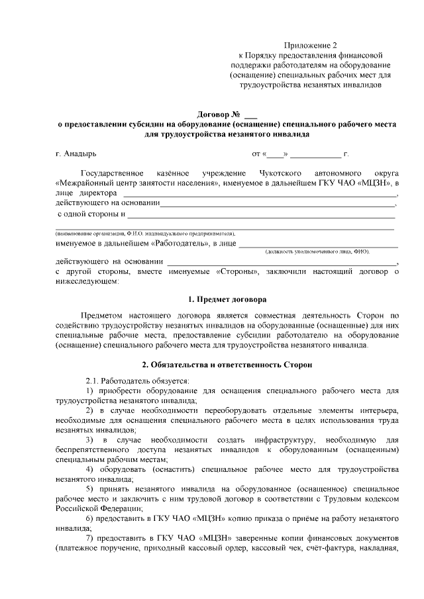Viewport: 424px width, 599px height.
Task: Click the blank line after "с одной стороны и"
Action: point(261,215)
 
